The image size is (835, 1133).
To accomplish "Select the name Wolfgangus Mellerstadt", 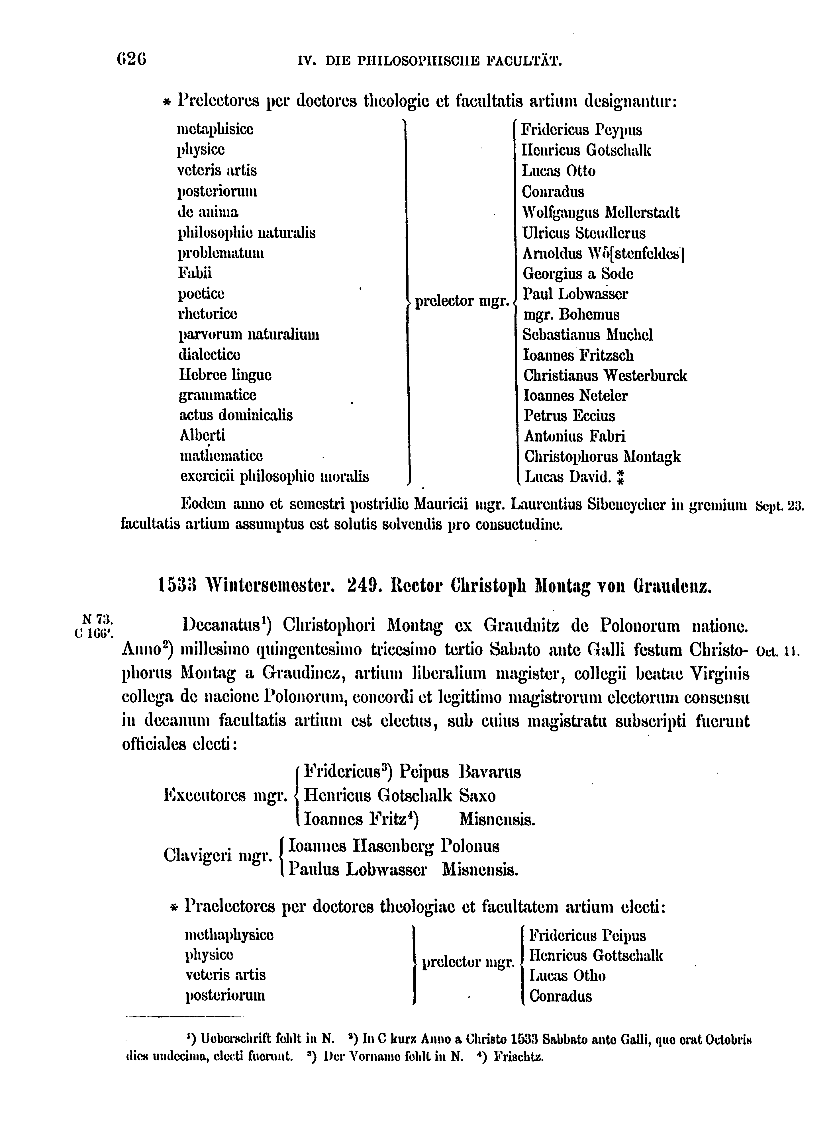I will click(x=601, y=212).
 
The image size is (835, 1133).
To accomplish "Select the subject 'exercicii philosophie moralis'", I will click(x=274, y=476).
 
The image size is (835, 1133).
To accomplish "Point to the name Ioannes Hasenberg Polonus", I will click(x=393, y=846).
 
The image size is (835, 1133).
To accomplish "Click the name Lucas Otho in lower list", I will click(x=567, y=975).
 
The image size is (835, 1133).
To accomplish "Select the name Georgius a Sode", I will click(x=578, y=273).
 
